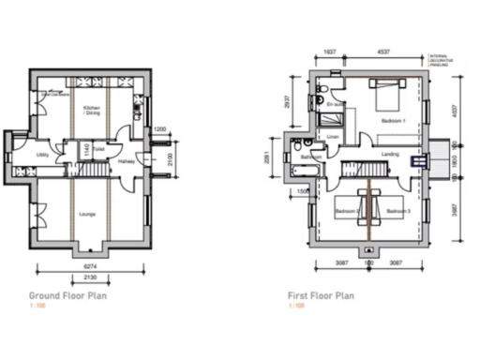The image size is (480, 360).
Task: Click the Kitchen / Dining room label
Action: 92,111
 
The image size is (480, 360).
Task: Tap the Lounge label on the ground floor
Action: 86,214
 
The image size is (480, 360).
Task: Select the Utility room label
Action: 43,154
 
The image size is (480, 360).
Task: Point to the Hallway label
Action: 127,161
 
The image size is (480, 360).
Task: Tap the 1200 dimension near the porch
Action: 159,128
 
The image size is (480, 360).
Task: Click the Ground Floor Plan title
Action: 67,294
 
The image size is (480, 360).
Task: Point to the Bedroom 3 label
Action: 398,212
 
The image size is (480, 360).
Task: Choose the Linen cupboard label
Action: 333,137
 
